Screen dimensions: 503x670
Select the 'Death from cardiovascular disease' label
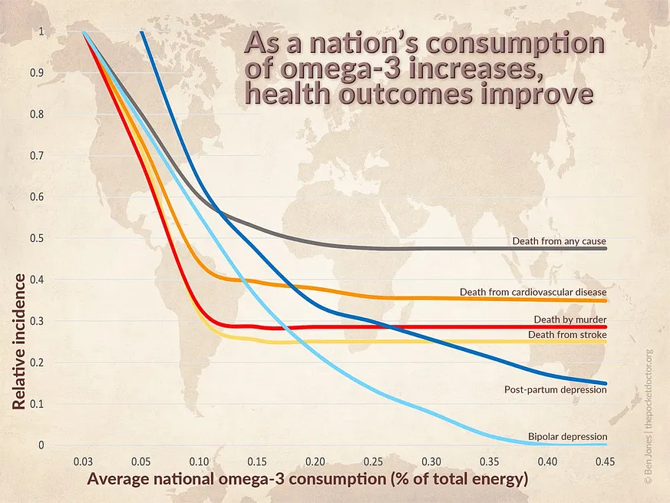533,292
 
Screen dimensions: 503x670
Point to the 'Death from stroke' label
567,335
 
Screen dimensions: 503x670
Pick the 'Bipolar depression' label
567,437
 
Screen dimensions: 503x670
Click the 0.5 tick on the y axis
38,238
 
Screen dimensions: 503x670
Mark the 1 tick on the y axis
41,32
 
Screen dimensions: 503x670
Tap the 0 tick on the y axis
41,445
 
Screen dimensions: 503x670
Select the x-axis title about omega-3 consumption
307,480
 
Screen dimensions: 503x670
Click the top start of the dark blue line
142,33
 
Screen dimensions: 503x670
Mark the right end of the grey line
606,248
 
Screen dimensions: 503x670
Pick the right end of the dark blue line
606,383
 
